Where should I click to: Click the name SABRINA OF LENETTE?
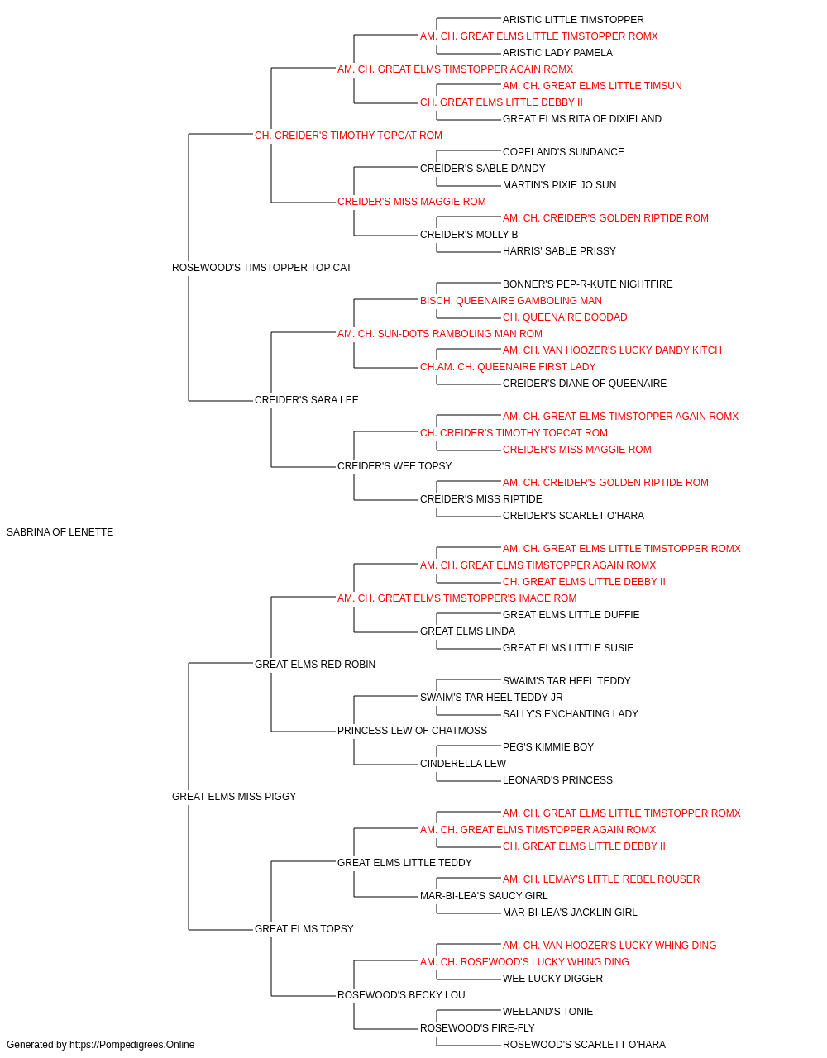pyautogui.click(x=60, y=532)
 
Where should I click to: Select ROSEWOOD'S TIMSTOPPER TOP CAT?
pyautogui.click(x=261, y=268)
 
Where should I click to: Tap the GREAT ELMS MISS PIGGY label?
pyautogui.click(x=234, y=797)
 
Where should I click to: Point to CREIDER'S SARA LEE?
pyautogui.click(x=306, y=400)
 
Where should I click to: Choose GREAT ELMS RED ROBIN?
pyautogui.click(x=314, y=665)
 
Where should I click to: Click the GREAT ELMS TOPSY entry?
pyautogui.click(x=304, y=929)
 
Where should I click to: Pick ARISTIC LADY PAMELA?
pyautogui.click(x=557, y=53)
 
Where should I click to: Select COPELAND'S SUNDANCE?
pyautogui.click(x=563, y=152)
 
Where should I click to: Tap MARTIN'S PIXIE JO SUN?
pyautogui.click(x=559, y=185)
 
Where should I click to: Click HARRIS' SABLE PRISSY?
pyautogui.click(x=559, y=251)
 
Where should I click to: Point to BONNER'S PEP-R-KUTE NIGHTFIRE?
pyautogui.click(x=587, y=284)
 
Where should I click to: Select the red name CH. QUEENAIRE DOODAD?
pyautogui.click(x=565, y=317)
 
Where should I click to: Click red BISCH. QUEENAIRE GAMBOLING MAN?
pyautogui.click(x=511, y=301)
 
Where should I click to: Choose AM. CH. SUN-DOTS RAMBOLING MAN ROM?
pyautogui.click(x=440, y=334)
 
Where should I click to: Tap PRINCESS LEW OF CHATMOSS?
pyautogui.click(x=412, y=731)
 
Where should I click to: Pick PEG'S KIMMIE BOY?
pyautogui.click(x=548, y=747)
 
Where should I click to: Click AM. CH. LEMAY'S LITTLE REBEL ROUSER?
pyautogui.click(x=601, y=879)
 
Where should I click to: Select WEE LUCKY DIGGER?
pyautogui.click(x=552, y=979)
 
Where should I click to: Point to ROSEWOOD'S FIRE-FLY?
pyautogui.click(x=477, y=1027)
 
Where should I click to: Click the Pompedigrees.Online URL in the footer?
pyautogui.click(x=132, y=1045)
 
